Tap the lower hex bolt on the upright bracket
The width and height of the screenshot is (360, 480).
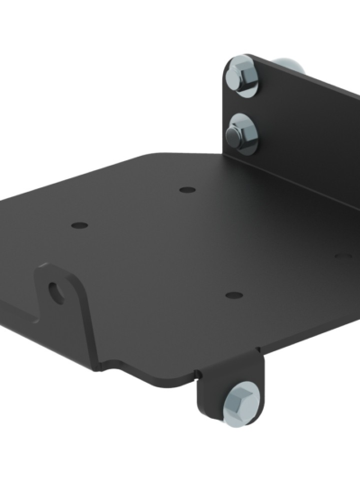pyautogui.click(x=240, y=130)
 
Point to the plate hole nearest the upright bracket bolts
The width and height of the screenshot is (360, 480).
pyautogui.click(x=186, y=190)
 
